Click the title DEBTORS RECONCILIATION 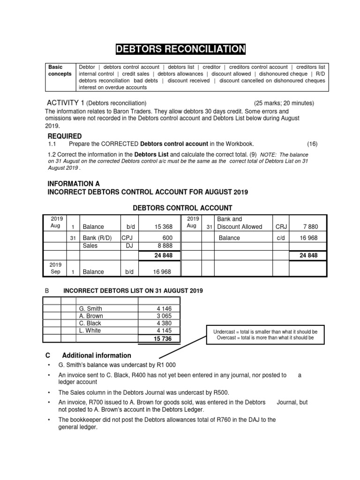(180, 49)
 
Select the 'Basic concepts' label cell (60, 70)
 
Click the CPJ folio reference (127, 238)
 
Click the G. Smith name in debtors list (91, 309)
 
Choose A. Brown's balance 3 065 (164, 316)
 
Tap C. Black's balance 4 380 (164, 323)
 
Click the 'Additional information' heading (97, 355)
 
